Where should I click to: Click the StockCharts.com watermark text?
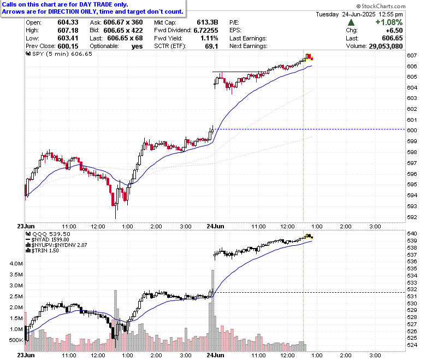(x=381, y=6)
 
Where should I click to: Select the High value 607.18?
(x=68, y=31)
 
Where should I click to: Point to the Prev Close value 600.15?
(x=68, y=46)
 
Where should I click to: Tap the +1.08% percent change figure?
(x=389, y=22)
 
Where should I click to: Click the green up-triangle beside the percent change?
(x=351, y=22)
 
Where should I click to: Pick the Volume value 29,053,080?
(x=386, y=46)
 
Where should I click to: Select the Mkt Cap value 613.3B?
(x=208, y=22)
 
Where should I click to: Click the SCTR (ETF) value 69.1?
(x=212, y=46)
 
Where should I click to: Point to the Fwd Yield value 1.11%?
(x=209, y=38)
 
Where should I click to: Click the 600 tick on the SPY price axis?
(x=412, y=131)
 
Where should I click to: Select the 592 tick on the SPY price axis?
(x=412, y=217)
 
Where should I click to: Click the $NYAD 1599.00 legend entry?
(x=48, y=240)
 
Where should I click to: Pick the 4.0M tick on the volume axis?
(x=16, y=263)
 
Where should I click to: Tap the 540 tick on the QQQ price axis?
(x=412, y=234)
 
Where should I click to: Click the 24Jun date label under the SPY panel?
(x=215, y=226)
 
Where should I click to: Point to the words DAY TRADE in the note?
(x=96, y=4)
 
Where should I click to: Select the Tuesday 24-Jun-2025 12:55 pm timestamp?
(x=359, y=14)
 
